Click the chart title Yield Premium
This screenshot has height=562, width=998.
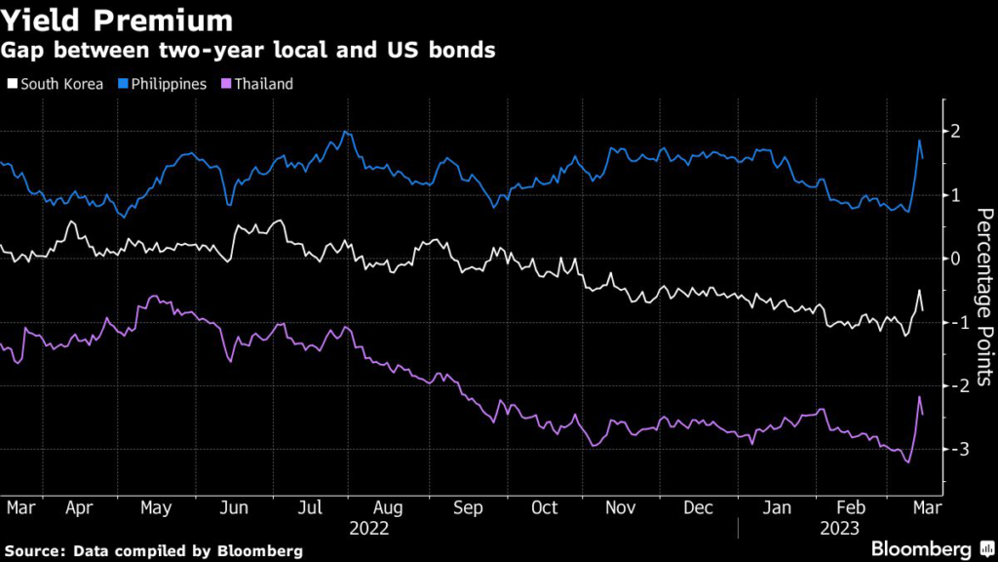(x=118, y=20)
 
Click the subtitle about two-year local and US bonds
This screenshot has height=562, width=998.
(x=249, y=50)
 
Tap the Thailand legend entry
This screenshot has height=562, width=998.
(x=256, y=84)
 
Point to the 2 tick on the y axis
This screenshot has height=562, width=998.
(x=957, y=132)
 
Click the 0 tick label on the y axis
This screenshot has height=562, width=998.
(x=957, y=259)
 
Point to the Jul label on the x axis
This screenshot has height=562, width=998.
(x=311, y=508)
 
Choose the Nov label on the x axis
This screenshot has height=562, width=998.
(x=621, y=508)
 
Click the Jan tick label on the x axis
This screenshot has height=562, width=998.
(x=777, y=508)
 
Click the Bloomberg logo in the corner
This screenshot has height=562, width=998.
(x=930, y=549)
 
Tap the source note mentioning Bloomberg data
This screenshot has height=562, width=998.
(x=151, y=550)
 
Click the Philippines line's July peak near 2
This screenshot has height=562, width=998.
(x=346, y=132)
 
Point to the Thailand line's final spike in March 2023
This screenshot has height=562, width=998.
(x=919, y=398)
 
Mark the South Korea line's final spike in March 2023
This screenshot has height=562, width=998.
(x=919, y=291)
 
